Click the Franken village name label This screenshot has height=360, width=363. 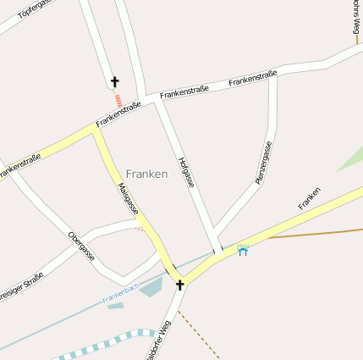[146, 173]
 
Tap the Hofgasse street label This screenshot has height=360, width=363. [187, 172]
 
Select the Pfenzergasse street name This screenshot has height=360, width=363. [264, 163]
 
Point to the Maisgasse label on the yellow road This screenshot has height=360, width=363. [129, 198]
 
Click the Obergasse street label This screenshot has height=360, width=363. [82, 245]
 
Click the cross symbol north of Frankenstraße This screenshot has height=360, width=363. [114, 82]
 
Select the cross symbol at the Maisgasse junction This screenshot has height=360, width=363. [179, 285]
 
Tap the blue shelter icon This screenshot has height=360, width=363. [244, 251]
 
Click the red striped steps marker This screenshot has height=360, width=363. [118, 100]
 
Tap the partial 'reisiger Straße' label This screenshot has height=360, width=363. [21, 280]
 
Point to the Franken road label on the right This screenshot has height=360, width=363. [310, 198]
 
